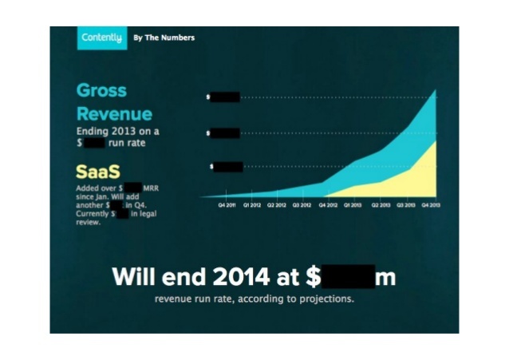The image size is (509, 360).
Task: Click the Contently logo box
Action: [x=101, y=38]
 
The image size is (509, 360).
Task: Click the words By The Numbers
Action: [x=164, y=38]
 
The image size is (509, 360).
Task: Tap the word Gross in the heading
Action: [x=101, y=90]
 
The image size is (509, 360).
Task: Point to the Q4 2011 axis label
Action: [x=227, y=205]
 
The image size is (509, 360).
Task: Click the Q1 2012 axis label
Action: [x=251, y=205]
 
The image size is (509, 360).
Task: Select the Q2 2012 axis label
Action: [x=276, y=205]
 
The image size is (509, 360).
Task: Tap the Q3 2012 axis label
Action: [x=302, y=205]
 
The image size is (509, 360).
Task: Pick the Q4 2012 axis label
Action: [x=327, y=205]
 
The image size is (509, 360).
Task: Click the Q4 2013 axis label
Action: [x=432, y=205]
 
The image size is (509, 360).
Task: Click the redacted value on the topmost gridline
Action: [x=225, y=97]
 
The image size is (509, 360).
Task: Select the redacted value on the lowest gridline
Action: [x=228, y=167]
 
